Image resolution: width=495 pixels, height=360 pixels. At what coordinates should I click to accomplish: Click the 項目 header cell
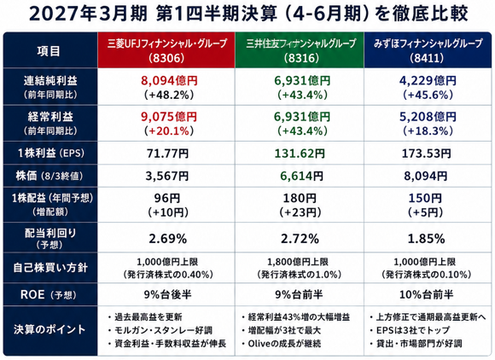[49, 51]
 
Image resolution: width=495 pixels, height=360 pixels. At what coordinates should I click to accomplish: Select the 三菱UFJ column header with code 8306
[166, 50]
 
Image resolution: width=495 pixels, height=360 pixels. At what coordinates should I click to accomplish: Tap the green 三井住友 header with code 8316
[300, 50]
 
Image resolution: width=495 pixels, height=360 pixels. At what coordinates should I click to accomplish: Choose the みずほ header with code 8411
[428, 50]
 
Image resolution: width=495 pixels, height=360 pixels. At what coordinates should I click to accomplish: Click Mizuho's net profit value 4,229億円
[428, 81]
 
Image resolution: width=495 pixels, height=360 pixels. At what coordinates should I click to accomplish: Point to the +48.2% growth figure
[169, 95]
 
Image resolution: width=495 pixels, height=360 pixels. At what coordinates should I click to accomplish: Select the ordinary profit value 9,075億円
[169, 117]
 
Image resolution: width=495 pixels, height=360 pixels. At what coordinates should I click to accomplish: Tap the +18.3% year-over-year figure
[428, 131]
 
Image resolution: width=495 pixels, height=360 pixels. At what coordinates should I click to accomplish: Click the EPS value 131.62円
[300, 154]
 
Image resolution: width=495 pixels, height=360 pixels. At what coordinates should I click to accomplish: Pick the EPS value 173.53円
[426, 154]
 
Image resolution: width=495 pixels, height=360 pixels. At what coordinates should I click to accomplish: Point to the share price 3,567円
[167, 176]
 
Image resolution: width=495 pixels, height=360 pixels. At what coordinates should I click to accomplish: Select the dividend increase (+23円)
[300, 212]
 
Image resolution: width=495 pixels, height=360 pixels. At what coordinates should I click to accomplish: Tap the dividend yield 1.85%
[426, 239]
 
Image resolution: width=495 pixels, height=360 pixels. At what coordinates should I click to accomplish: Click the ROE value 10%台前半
[426, 294]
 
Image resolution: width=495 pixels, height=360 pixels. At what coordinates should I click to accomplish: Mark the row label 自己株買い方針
[50, 268]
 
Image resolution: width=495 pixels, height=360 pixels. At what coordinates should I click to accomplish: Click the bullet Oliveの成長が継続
[282, 344]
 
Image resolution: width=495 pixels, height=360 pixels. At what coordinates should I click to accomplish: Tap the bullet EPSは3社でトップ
[410, 330]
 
